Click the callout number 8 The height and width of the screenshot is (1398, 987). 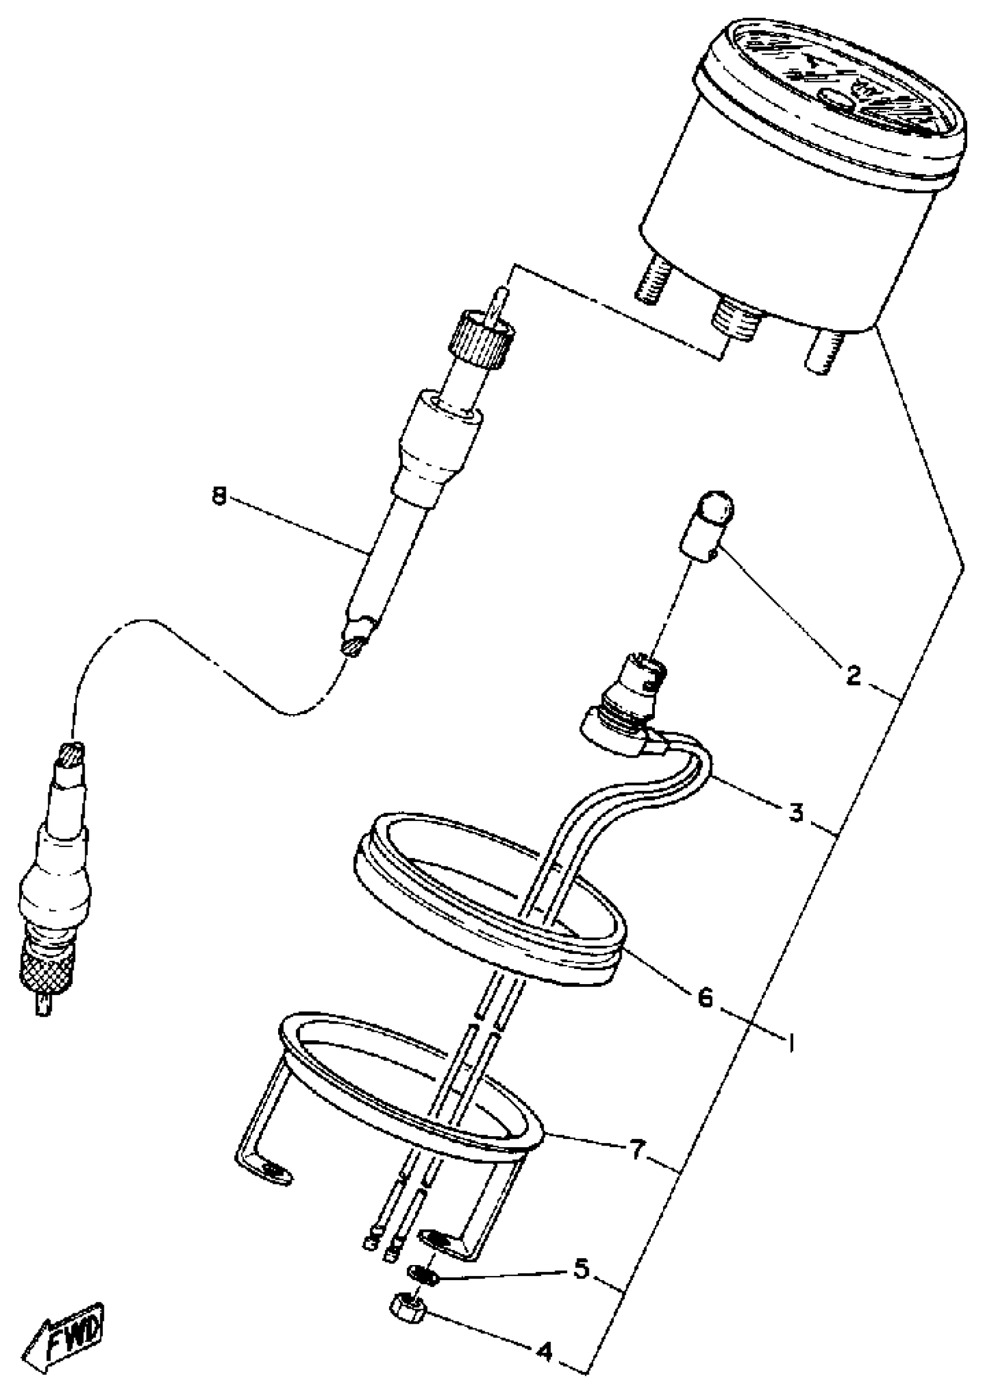(x=218, y=498)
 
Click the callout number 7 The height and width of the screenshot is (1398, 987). (x=636, y=1151)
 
